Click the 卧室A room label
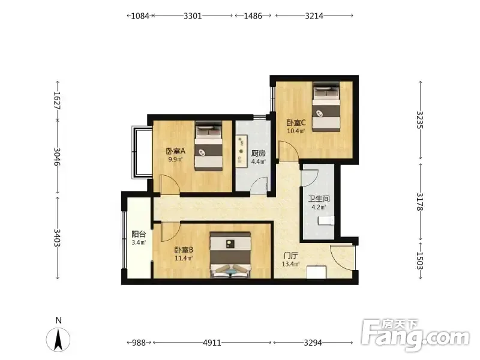point(176,151)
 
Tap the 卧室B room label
point(184,250)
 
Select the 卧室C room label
point(296,123)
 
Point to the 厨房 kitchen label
point(259,153)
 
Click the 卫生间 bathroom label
point(319,199)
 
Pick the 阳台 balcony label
point(139,235)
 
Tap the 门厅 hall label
point(290,256)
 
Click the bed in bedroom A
point(208,146)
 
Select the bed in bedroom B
point(230,255)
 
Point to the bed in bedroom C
point(326,107)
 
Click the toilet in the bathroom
point(326,220)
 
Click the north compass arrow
point(58,339)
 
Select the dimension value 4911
point(212,343)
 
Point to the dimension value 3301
point(193,16)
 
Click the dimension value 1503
point(419,260)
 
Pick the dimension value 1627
point(57,100)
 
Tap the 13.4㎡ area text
point(290,264)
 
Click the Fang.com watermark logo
point(415,335)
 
